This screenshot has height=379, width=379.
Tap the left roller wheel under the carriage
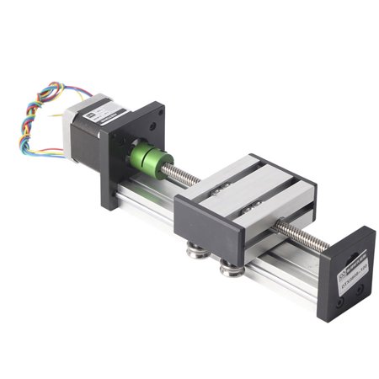tap(196, 248)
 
